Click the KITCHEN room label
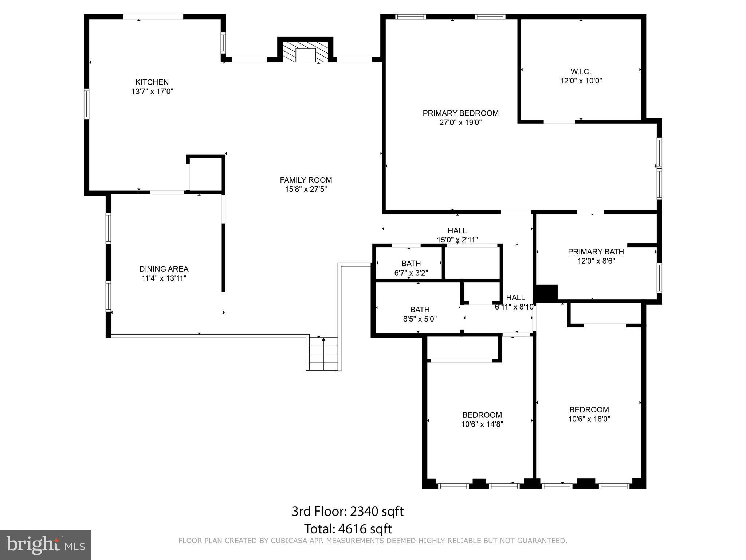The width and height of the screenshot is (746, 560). [152, 82]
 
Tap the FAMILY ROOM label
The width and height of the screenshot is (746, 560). [306, 180]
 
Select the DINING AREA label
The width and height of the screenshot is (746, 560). [164, 269]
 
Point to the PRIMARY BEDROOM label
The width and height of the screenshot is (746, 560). [460, 113]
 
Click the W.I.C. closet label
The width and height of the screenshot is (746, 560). [581, 72]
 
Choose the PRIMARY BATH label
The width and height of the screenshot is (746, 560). [596, 252]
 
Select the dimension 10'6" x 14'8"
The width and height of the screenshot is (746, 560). [482, 424]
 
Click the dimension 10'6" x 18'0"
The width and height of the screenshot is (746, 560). [589, 419]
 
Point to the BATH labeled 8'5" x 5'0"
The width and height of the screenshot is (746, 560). [420, 310]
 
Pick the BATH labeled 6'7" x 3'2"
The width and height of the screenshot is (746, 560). [411, 264]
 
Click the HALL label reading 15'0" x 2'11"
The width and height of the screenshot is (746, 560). [457, 231]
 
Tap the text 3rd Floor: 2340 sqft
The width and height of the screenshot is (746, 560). [348, 512]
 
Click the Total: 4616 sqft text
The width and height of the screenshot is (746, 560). [348, 529]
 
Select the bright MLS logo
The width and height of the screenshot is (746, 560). [45, 545]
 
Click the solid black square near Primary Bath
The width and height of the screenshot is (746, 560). [546, 293]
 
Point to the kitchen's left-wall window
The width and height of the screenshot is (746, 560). [87, 104]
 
